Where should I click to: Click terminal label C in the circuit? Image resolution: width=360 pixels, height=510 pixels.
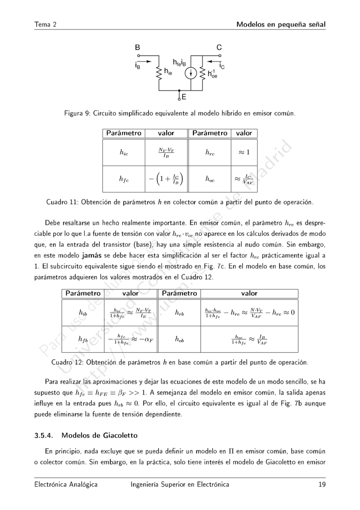[219, 47]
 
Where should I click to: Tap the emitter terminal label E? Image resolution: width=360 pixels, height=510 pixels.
[184, 96]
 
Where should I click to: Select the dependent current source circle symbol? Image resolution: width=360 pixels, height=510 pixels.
[191, 73]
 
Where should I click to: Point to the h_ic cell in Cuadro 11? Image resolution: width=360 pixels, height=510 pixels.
[123, 153]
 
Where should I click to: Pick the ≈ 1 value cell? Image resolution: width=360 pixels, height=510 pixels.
[245, 153]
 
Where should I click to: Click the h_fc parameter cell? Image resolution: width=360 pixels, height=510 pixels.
[123, 179]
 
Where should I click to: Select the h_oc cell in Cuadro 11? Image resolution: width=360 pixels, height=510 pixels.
[210, 179]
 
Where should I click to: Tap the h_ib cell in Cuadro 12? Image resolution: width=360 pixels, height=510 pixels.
[83, 312]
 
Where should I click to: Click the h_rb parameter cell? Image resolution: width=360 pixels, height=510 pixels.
[179, 312]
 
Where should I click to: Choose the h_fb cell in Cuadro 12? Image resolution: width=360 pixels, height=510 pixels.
[83, 339]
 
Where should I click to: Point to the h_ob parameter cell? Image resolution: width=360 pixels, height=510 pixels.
[179, 339]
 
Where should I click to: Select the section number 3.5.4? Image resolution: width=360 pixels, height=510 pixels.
[44, 436]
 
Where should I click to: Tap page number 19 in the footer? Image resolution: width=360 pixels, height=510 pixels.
[322, 485]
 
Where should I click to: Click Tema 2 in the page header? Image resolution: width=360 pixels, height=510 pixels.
[45, 24]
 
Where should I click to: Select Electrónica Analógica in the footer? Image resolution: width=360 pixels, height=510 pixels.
[66, 485]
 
